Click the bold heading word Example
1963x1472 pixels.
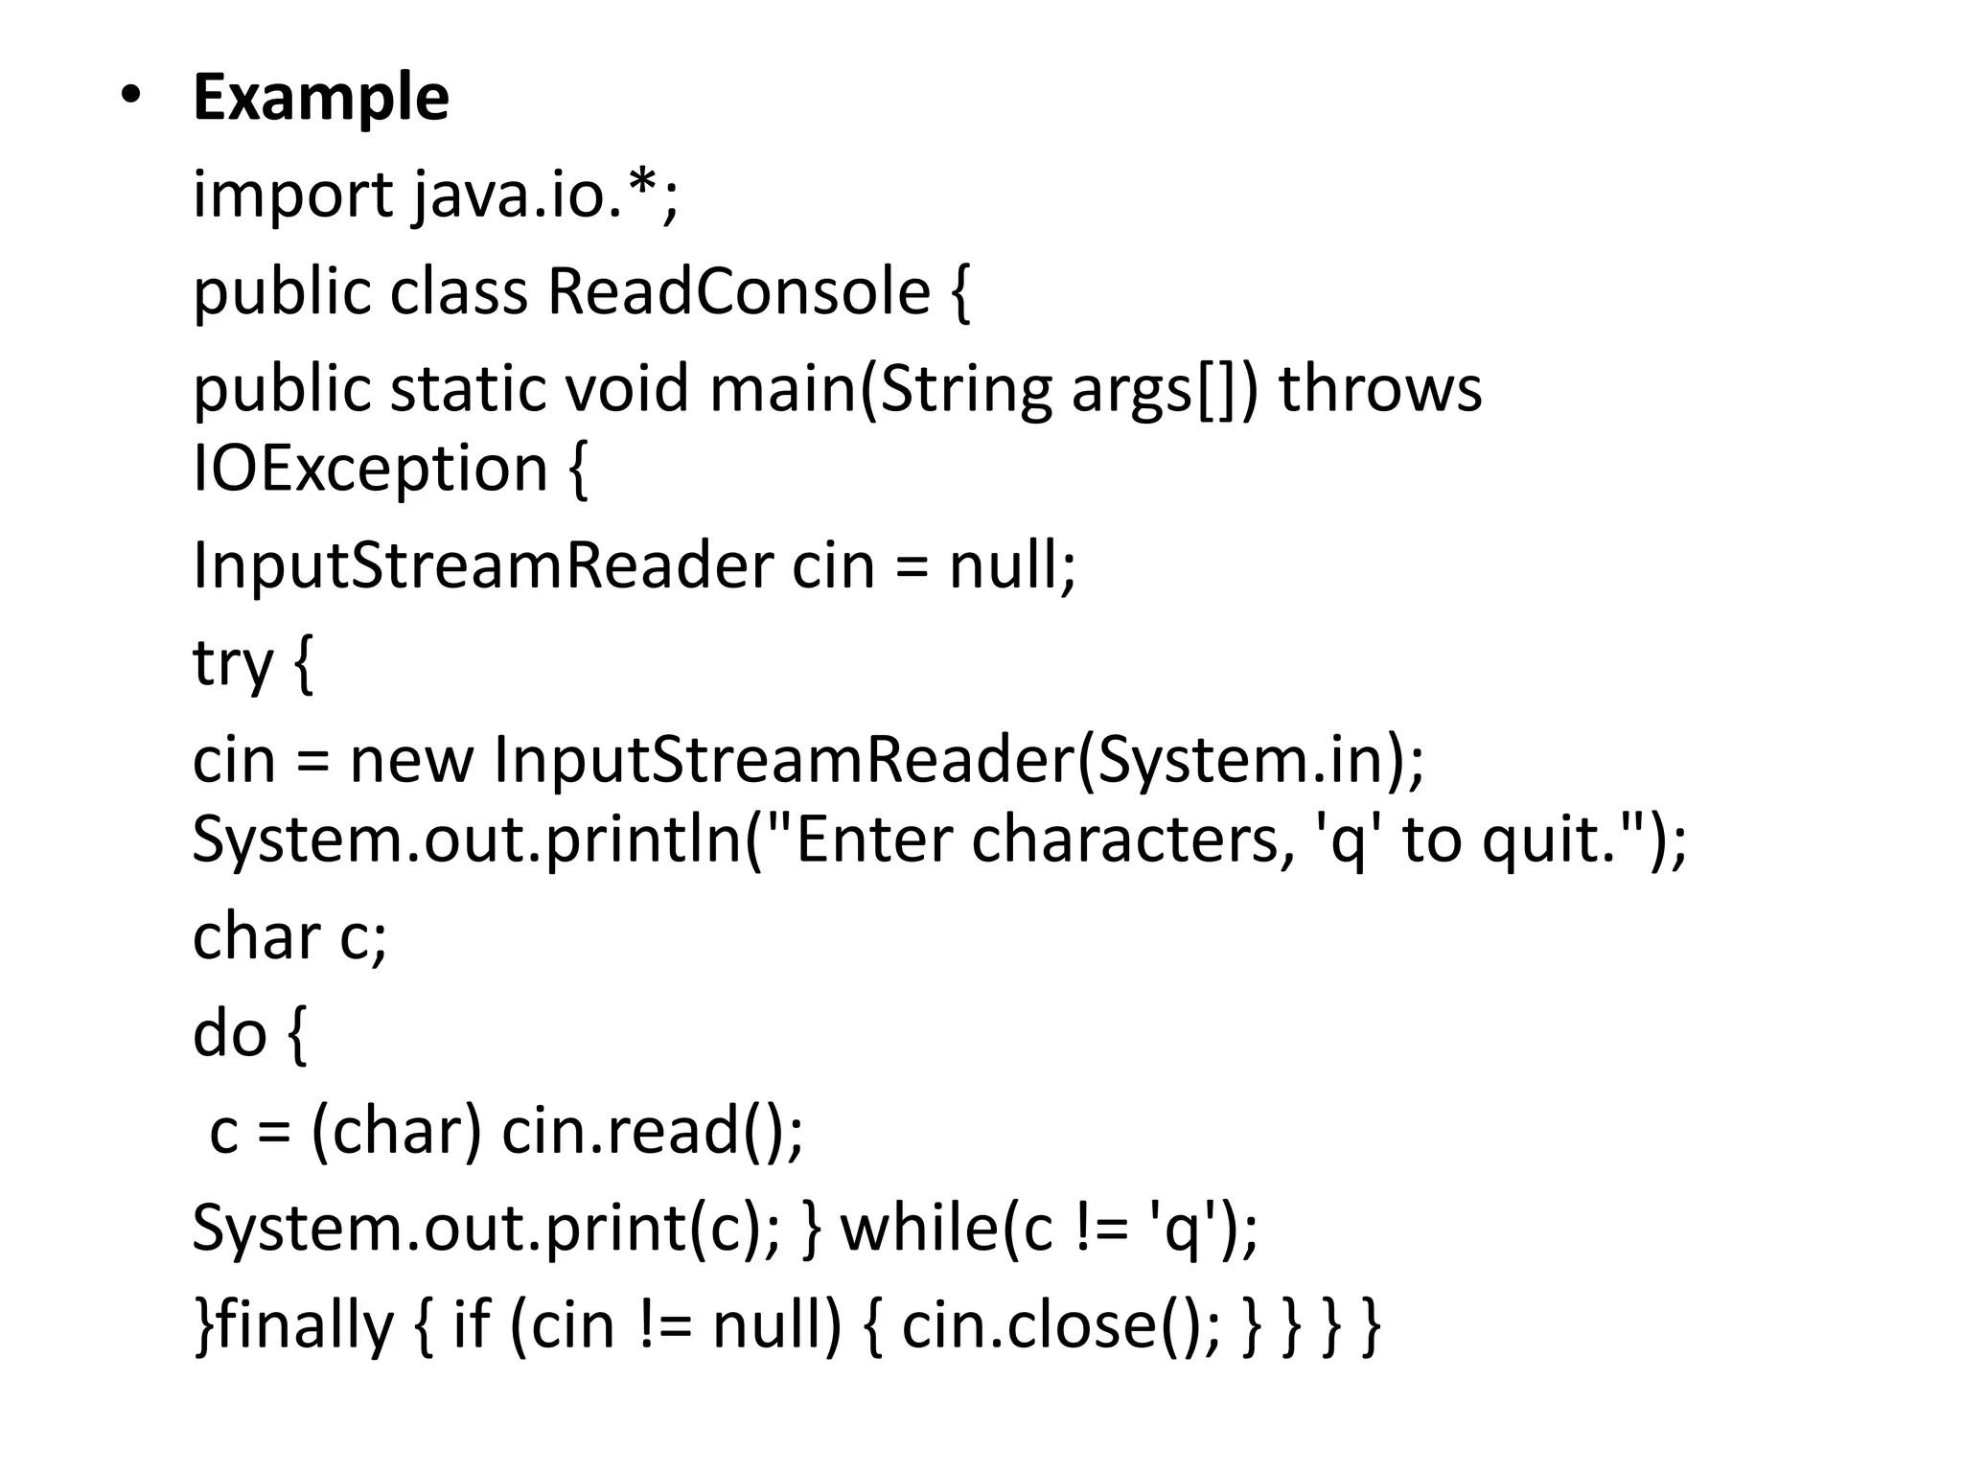point(320,98)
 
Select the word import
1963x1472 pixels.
point(292,195)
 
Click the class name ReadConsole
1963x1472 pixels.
point(738,291)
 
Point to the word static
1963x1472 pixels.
point(467,389)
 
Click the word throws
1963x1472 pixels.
point(1380,389)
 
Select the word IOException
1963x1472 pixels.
point(370,469)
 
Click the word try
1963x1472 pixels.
point(233,663)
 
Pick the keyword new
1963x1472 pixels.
point(411,760)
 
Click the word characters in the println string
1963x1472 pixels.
point(1126,839)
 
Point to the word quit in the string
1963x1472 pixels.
point(1544,839)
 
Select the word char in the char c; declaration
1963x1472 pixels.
point(256,936)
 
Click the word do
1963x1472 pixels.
point(229,1034)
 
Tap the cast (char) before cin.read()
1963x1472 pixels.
point(396,1131)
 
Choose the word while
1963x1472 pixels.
point(920,1229)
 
